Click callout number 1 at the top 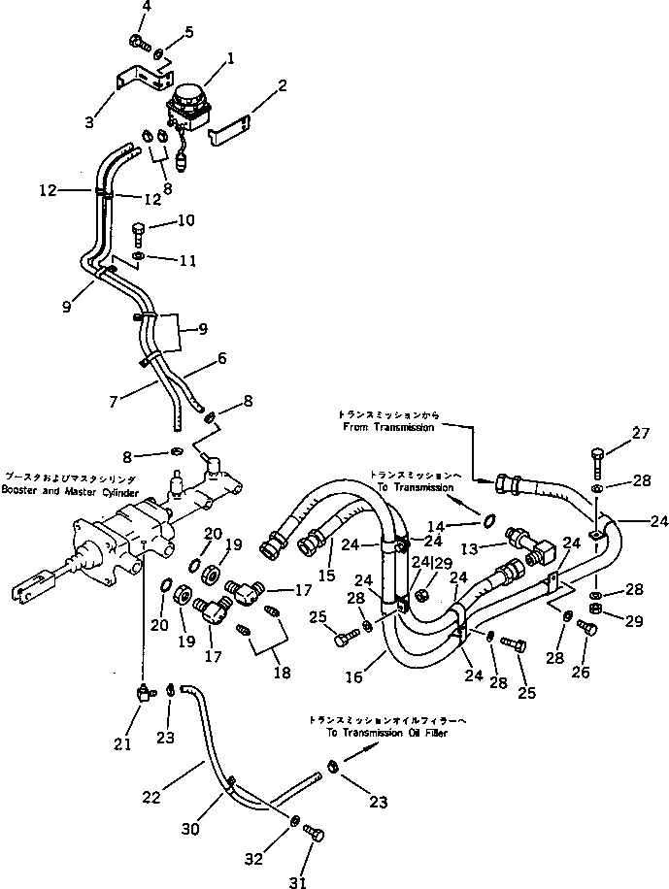pyautogui.click(x=229, y=59)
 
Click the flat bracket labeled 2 pyautogui.click(x=230, y=129)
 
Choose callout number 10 pyautogui.click(x=184, y=221)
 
